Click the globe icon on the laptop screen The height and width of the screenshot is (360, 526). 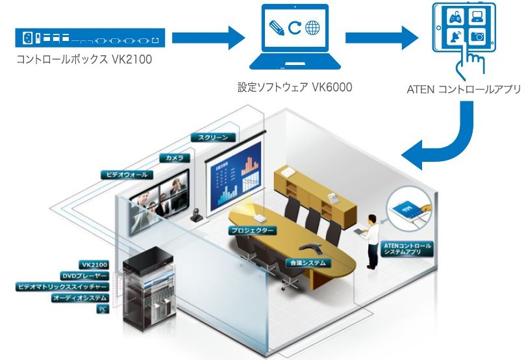(x=312, y=29)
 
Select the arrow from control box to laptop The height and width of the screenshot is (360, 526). (x=207, y=38)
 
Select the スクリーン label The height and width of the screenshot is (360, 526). (x=209, y=138)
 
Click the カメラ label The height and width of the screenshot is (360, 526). (x=175, y=158)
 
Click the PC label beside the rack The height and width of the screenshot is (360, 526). (x=101, y=309)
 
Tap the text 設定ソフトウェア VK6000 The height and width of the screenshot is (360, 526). (x=294, y=86)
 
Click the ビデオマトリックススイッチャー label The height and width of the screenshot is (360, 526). (x=62, y=287)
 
